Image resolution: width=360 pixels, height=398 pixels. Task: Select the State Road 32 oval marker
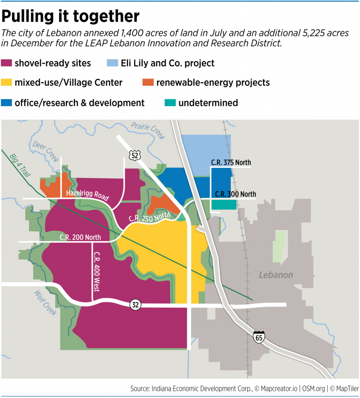(135, 305)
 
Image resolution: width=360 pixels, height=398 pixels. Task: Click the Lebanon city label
(276, 275)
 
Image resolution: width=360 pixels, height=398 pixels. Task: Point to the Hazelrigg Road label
(87, 195)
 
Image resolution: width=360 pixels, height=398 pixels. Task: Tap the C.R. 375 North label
(231, 162)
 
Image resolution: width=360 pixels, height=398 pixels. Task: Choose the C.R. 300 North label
(236, 194)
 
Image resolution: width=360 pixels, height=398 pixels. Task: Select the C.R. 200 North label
(80, 237)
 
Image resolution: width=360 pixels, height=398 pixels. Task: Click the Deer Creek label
(45, 151)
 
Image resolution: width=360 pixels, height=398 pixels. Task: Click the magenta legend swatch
(6, 63)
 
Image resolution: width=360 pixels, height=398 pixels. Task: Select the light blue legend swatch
(113, 63)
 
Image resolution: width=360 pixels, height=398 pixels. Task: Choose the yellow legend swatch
(6, 82)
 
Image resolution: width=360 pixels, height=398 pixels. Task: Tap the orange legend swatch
(148, 82)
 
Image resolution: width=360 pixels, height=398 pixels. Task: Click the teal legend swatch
(170, 103)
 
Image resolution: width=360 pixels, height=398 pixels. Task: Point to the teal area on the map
(224, 205)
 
